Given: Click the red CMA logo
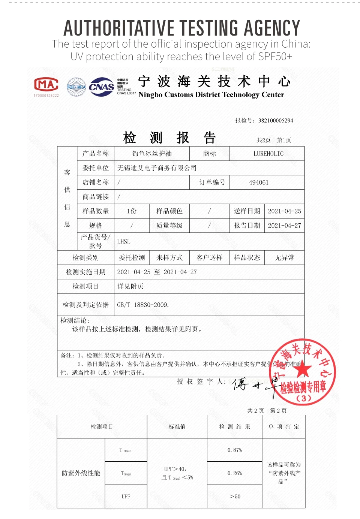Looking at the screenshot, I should click(x=46, y=85).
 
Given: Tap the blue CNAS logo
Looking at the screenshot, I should click(x=101, y=87).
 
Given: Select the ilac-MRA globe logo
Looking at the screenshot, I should click(x=76, y=87).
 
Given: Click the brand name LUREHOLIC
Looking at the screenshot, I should click(x=268, y=154).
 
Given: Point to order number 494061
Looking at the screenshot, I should click(x=259, y=182).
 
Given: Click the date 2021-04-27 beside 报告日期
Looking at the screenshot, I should click(x=284, y=226).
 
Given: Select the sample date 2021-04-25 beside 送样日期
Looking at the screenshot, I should click(x=284, y=211).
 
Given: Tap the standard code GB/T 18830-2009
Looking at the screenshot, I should click(x=143, y=305).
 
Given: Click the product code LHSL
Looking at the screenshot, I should click(x=124, y=242).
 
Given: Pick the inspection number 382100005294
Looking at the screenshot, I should click(x=276, y=121).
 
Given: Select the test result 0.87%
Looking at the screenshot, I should click(x=235, y=450).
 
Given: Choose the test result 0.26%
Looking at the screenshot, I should click(x=235, y=473).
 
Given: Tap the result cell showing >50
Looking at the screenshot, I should click(x=235, y=497).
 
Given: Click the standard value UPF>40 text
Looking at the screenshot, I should click(x=175, y=469).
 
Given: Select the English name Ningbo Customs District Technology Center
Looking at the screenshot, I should click(x=211, y=95).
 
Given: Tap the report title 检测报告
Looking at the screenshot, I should click(x=169, y=138).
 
